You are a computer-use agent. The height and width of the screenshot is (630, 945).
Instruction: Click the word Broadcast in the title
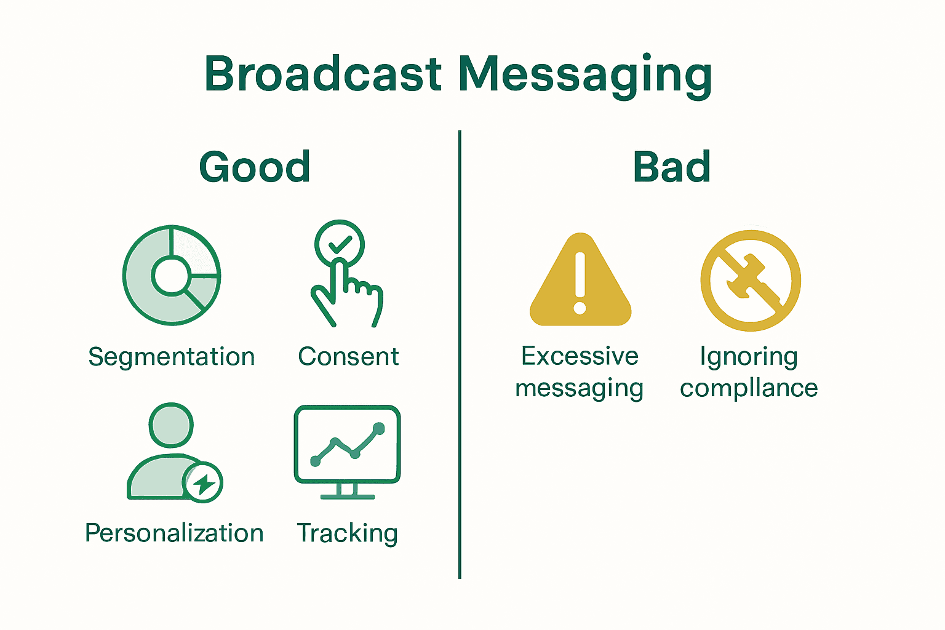(x=323, y=74)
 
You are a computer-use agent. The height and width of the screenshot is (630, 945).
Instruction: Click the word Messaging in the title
(x=585, y=74)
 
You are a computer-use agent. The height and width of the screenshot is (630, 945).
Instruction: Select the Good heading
(x=255, y=167)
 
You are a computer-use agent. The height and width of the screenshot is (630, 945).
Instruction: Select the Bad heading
(x=672, y=167)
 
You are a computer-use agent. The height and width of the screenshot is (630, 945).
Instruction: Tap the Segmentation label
(x=172, y=357)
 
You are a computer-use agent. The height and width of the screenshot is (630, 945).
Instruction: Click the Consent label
(x=348, y=357)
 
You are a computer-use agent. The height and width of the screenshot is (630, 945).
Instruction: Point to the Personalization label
(x=174, y=533)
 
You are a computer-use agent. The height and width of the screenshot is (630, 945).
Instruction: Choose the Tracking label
(x=348, y=533)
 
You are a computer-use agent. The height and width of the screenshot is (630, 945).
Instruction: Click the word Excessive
(x=580, y=356)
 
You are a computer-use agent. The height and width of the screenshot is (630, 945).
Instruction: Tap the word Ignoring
(x=749, y=357)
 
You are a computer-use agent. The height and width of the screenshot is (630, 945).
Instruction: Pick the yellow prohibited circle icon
(x=751, y=281)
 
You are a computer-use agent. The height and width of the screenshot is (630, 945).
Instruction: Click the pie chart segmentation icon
(x=172, y=275)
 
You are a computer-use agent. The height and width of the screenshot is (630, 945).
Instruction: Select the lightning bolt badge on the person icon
(x=203, y=484)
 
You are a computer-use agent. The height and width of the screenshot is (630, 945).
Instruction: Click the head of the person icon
(x=171, y=425)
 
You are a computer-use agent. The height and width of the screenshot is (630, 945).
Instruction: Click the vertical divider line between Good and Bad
(x=460, y=354)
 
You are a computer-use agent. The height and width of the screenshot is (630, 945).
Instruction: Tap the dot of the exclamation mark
(x=580, y=307)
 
